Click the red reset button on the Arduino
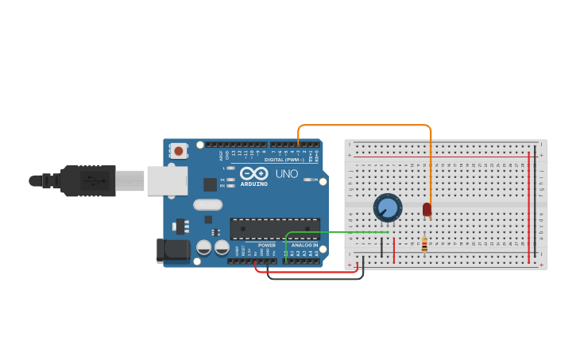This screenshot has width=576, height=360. pos(179,150)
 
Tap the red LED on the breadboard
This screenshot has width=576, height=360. pos(427,209)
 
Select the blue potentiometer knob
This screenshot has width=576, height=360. pos(387,208)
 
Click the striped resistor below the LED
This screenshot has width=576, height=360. pos(424,245)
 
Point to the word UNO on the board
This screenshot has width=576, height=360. pos(287,174)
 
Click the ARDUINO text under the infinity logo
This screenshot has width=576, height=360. pos(253,184)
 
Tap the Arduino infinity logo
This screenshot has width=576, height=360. pos(253,173)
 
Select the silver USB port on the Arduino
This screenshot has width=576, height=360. pos(167,180)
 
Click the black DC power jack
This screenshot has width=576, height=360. pos(173,250)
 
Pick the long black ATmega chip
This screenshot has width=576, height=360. pos(275,228)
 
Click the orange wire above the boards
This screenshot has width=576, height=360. pos(365,125)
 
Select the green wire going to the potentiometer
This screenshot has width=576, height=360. pos(334,232)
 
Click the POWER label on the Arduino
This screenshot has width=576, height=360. pos(267,245)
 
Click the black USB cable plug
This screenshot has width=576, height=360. pos(87,180)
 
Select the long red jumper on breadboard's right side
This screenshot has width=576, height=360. pos(529,207)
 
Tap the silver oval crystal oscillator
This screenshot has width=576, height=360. pos(207,204)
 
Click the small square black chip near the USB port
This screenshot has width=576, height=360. pos(210,184)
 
